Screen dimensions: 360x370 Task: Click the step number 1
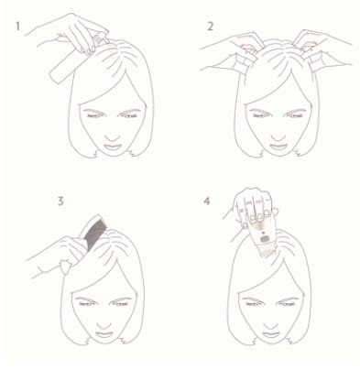[17, 27]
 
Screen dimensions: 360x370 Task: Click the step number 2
[211, 27]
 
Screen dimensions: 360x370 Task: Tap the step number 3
[60, 201]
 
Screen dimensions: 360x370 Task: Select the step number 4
[207, 201]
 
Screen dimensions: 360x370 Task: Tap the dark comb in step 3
[93, 231]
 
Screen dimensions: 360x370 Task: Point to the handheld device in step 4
[264, 237]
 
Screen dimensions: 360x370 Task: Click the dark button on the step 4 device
[266, 239]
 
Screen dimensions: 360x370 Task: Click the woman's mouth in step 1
[113, 147]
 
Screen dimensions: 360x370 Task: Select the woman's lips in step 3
[104, 334]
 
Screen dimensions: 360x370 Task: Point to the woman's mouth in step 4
[271, 334]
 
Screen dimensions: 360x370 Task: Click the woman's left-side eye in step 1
[94, 115]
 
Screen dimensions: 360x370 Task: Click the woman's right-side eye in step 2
[296, 115]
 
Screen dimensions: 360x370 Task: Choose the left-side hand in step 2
[232, 50]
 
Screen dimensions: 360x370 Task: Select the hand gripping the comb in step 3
[55, 255]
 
